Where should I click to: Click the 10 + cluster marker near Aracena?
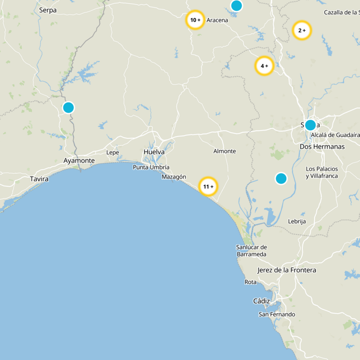tap(195, 20)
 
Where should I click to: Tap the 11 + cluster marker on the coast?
tap(208, 186)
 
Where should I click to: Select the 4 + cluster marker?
tap(264, 66)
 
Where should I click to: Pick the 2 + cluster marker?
tap(302, 31)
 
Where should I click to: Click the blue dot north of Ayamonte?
tap(68, 108)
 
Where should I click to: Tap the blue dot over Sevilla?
tap(310, 125)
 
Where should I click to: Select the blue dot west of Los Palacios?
tap(281, 179)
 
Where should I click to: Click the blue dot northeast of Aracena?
tap(236, 5)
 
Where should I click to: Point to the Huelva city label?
tap(154, 152)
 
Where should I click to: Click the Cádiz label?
tap(261, 301)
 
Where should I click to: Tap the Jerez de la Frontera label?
tap(287, 270)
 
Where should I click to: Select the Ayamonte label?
tap(79, 161)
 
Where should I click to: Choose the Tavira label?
tap(39, 179)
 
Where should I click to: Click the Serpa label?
tap(48, 10)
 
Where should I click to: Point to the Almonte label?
tap(225, 151)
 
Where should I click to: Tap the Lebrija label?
tap(297, 221)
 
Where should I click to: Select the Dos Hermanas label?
tap(322, 147)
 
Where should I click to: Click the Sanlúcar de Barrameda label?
tap(252, 251)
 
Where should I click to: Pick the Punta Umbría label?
tap(151, 167)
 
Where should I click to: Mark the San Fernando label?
tap(277, 314)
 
